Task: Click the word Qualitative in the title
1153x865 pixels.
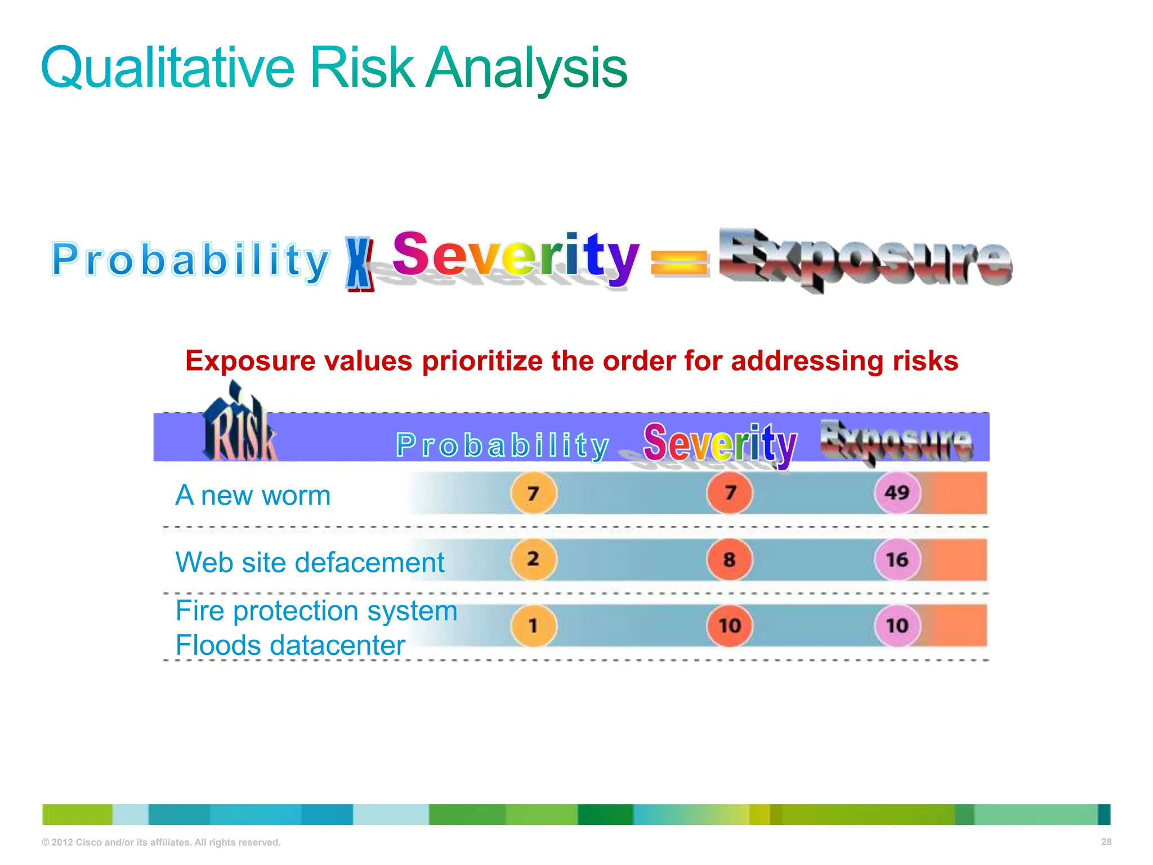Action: [167, 69]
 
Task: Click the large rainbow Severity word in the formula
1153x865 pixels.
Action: [515, 257]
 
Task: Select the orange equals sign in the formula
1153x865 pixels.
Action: [678, 263]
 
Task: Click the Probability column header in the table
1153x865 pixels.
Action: [502, 445]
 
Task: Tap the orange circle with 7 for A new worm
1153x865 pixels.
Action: [533, 493]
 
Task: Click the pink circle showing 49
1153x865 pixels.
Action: [897, 493]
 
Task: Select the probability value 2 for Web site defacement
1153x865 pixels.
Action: [533, 559]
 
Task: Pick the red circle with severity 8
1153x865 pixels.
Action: [729, 559]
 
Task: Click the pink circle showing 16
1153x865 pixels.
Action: [897, 559]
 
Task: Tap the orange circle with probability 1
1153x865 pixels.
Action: [533, 626]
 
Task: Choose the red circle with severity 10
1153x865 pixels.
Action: [729, 626]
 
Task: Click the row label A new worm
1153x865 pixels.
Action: [253, 496]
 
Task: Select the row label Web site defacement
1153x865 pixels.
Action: [310, 562]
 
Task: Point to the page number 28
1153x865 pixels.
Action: [1106, 841]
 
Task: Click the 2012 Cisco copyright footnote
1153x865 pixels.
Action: [161, 842]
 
